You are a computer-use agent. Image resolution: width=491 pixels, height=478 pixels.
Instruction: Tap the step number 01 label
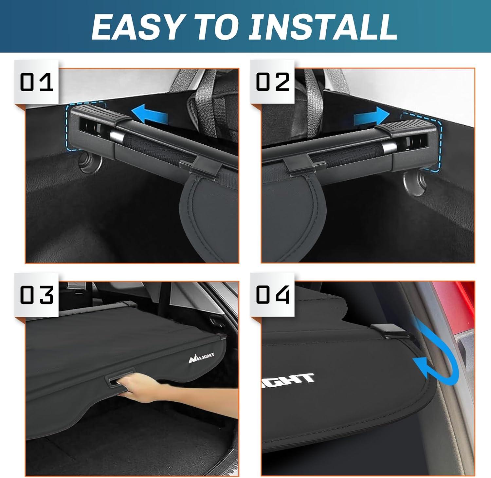point(36,82)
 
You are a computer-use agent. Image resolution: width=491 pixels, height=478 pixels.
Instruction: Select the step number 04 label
point(273,295)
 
